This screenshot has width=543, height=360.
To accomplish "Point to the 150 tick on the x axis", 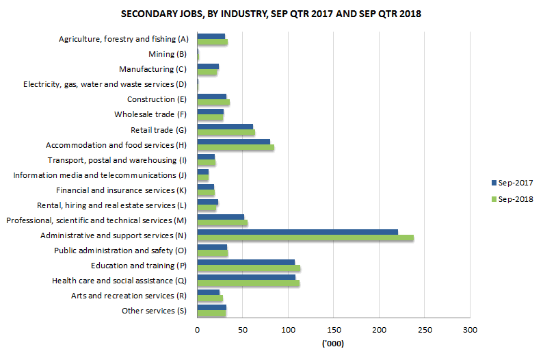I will tap(334, 331).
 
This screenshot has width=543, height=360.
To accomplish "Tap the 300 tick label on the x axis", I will tap(470, 331).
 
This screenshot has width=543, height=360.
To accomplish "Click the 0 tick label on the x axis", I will tap(197, 331).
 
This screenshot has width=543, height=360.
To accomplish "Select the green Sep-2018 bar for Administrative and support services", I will tap(305, 238).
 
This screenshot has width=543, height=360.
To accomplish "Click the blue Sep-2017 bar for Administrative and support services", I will tap(297, 231).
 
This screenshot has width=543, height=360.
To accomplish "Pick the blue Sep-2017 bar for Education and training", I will tap(246, 261).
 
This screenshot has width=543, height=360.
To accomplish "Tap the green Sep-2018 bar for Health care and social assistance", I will tap(248, 283).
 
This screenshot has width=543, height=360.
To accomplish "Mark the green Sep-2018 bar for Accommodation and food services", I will tap(235, 147).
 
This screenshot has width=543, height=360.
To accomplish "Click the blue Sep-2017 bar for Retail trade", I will tap(225, 126).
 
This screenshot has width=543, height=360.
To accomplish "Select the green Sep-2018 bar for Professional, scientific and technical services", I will tap(222, 223).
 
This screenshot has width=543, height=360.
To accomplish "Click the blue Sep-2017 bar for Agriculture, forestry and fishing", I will tap(211, 36).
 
